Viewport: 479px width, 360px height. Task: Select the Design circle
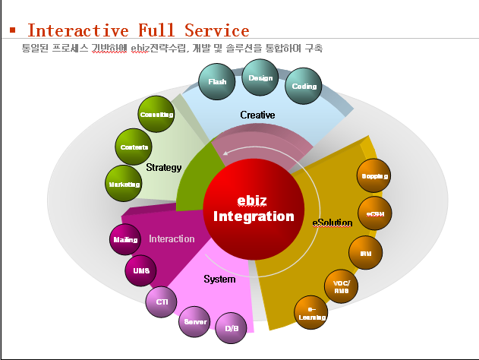tap(260, 78)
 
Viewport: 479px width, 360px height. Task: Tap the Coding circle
tap(303, 87)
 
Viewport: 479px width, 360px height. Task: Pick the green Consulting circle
tap(157, 115)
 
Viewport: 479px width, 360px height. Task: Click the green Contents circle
tap(135, 147)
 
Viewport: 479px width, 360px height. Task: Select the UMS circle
tap(140, 271)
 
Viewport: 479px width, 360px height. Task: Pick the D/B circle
tap(232, 329)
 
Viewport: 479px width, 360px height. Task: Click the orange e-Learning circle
tap(311, 312)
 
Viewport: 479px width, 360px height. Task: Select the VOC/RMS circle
tap(341, 287)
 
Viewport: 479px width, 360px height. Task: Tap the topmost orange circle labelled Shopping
tap(374, 176)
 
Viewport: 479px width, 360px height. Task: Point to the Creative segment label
tap(257, 115)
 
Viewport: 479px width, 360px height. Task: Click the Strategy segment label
tap(163, 167)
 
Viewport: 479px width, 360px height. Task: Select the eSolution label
tap(332, 223)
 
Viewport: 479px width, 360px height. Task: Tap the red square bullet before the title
tap(13, 31)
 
